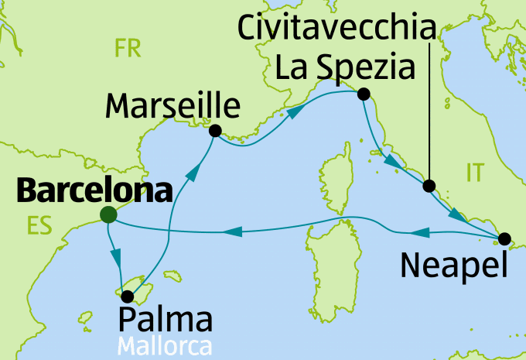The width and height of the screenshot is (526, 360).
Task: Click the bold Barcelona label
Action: (x=93, y=190)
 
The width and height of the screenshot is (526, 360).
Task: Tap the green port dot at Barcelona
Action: (x=108, y=214)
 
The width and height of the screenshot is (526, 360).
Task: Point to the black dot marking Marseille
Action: (x=215, y=131)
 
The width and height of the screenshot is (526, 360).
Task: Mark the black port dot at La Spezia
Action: (x=362, y=94)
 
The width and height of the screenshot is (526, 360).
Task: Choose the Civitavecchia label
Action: (x=333, y=29)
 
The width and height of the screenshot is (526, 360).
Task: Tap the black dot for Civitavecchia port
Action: (x=429, y=186)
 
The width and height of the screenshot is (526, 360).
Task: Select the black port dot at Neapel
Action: (x=504, y=238)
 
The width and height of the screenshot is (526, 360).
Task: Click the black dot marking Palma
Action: (x=127, y=296)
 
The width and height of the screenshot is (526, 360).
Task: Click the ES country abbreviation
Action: (x=39, y=226)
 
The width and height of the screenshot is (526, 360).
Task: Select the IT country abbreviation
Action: (x=474, y=174)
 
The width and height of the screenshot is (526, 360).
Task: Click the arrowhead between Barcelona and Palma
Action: (x=116, y=256)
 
